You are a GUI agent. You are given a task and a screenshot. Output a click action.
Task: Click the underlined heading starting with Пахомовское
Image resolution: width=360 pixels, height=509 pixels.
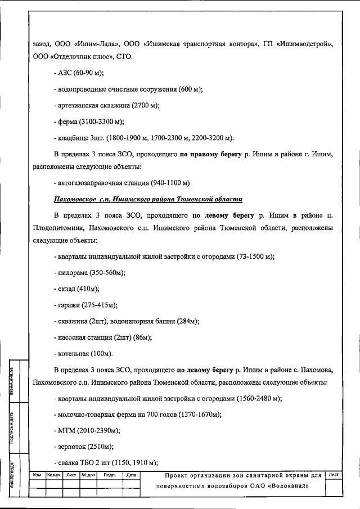tap(148, 199)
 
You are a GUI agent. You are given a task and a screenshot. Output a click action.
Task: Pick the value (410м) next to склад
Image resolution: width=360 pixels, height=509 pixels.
tap(88, 289)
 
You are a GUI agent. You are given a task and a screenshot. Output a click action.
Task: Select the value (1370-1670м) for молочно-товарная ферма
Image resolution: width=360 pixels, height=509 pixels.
tap(195, 415)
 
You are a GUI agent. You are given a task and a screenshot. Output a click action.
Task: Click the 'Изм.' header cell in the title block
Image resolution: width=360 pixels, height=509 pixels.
tap(38, 475)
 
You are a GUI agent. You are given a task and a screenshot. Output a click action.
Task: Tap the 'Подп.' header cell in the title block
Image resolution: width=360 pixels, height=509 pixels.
tap(110, 475)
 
